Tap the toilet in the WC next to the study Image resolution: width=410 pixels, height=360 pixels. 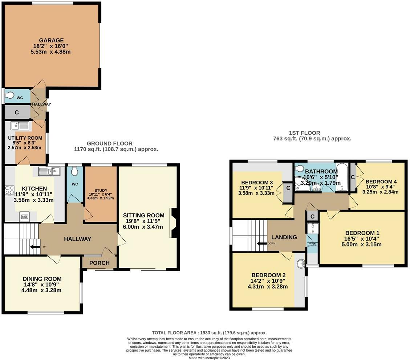[75, 171]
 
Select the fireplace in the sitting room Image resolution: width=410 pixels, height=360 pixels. [173, 223]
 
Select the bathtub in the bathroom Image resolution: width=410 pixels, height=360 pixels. [341, 177]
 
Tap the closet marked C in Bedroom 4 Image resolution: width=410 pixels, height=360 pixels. [353, 177]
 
